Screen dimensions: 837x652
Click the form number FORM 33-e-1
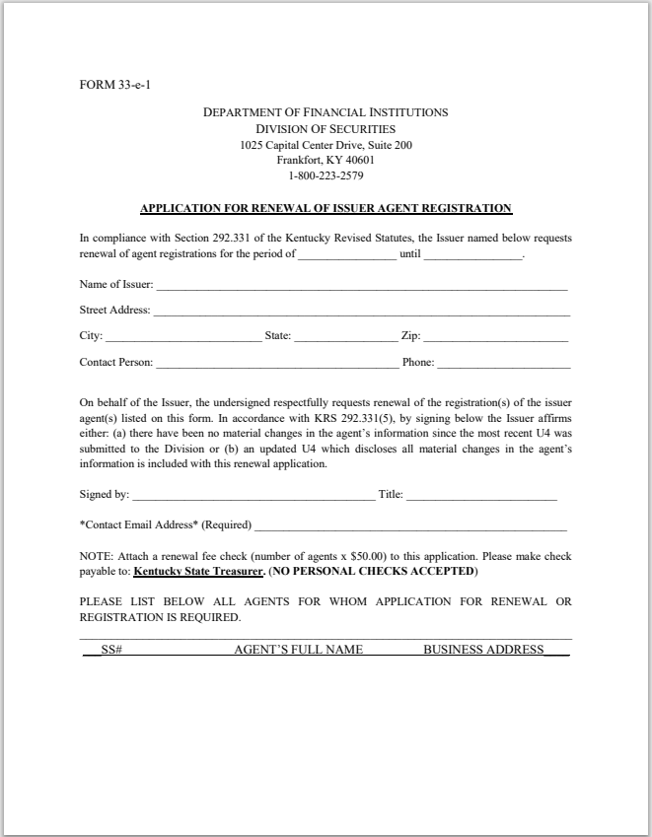pyautogui.click(x=115, y=84)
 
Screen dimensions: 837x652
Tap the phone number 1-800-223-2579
pyautogui.click(x=326, y=176)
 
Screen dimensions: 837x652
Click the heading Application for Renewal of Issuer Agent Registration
pyautogui.click(x=326, y=208)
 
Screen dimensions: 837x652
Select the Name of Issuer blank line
pyautogui.click(x=361, y=287)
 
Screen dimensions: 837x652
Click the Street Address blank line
pyautogui.click(x=361, y=313)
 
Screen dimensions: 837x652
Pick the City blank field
pyautogui.click(x=182, y=338)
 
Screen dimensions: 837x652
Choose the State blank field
pyautogui.click(x=345, y=338)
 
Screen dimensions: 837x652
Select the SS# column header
pyautogui.click(x=110, y=650)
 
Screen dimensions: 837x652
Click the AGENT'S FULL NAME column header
pyautogui.click(x=298, y=650)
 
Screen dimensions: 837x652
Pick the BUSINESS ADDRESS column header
pyautogui.click(x=483, y=650)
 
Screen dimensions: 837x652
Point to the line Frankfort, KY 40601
pyautogui.click(x=326, y=161)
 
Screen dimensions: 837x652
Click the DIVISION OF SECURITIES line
pyautogui.click(x=326, y=129)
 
